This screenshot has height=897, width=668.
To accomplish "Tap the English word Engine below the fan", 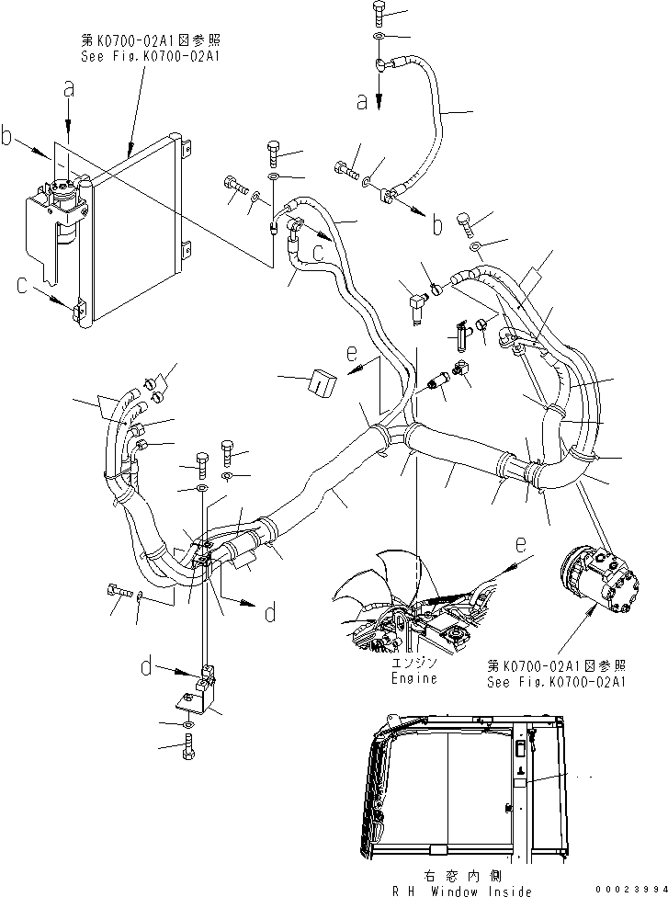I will (x=413, y=678).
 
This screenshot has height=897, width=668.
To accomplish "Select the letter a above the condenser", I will (x=68, y=90).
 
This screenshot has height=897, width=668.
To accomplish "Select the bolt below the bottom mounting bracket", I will (x=188, y=750).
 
